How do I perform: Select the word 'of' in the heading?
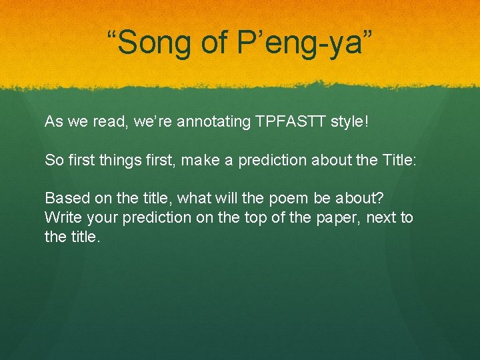point(214,43)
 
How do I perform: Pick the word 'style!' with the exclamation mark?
point(351,122)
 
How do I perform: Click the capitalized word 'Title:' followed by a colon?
point(400,160)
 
